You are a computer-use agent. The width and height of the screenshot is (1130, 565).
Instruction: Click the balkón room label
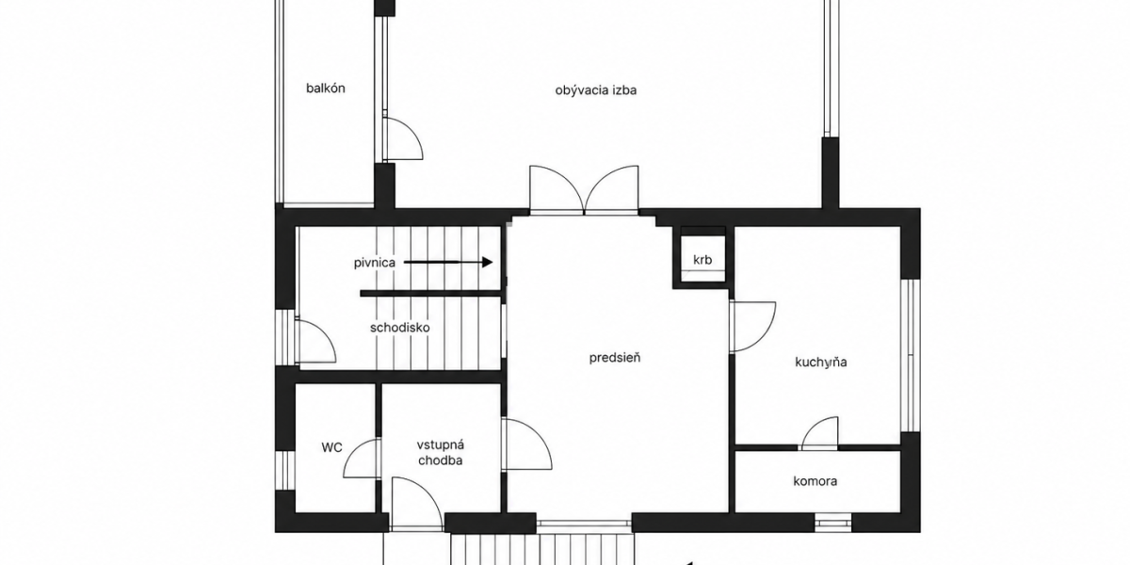tap(326, 89)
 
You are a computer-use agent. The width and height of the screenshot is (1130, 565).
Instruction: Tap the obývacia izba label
tap(596, 90)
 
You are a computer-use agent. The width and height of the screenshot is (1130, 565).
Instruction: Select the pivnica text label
tap(375, 263)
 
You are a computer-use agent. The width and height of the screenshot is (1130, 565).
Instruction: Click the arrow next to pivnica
tap(448, 262)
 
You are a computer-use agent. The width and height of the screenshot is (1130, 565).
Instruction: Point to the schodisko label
tap(400, 328)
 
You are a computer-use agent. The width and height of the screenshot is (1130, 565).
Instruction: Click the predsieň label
tap(615, 358)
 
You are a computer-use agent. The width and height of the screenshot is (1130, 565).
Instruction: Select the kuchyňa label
tap(821, 363)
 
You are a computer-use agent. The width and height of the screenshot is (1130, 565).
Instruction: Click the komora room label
tap(815, 481)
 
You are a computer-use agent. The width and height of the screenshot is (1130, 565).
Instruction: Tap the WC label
tap(331, 447)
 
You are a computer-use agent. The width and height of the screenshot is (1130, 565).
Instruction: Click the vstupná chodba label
tap(441, 453)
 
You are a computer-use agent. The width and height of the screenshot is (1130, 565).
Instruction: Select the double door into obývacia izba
tap(584, 189)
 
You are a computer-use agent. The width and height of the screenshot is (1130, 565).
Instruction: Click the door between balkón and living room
tap(402, 139)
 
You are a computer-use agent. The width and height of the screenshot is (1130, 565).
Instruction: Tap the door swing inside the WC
tap(362, 458)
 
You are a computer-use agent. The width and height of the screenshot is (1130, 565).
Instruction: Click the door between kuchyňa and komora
tap(819, 433)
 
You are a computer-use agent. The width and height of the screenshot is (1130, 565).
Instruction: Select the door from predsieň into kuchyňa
tap(752, 327)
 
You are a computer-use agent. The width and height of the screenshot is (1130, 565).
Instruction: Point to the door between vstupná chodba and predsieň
tap(526, 444)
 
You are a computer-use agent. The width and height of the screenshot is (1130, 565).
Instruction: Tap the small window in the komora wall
tap(832, 523)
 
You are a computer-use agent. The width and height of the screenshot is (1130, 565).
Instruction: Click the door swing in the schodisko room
tap(315, 341)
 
